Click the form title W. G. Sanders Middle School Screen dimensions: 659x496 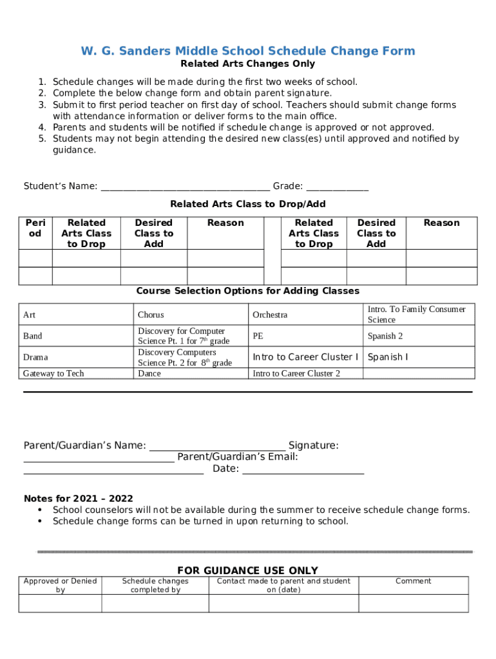click(x=247, y=51)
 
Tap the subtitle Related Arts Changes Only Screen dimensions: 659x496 click(x=247, y=64)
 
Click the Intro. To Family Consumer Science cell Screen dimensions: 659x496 click(x=419, y=314)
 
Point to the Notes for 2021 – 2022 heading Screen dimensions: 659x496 click(x=79, y=498)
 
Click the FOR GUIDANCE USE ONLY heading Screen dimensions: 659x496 click(x=247, y=570)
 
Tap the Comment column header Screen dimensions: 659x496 click(x=413, y=580)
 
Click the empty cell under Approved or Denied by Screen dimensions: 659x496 click(x=60, y=603)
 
